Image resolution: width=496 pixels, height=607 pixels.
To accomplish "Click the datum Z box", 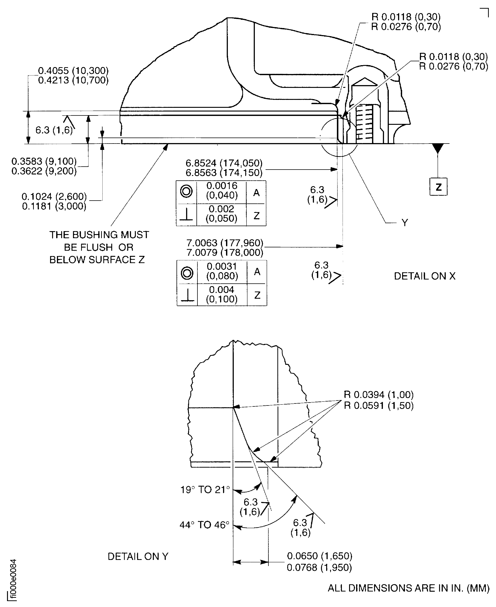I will [438, 187].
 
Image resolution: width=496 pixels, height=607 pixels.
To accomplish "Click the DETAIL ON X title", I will [424, 276].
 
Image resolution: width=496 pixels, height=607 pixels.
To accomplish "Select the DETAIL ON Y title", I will [138, 556].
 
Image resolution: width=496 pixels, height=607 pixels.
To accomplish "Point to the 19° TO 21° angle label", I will [205, 490].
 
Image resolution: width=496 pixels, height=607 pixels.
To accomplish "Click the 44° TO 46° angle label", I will [205, 525].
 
